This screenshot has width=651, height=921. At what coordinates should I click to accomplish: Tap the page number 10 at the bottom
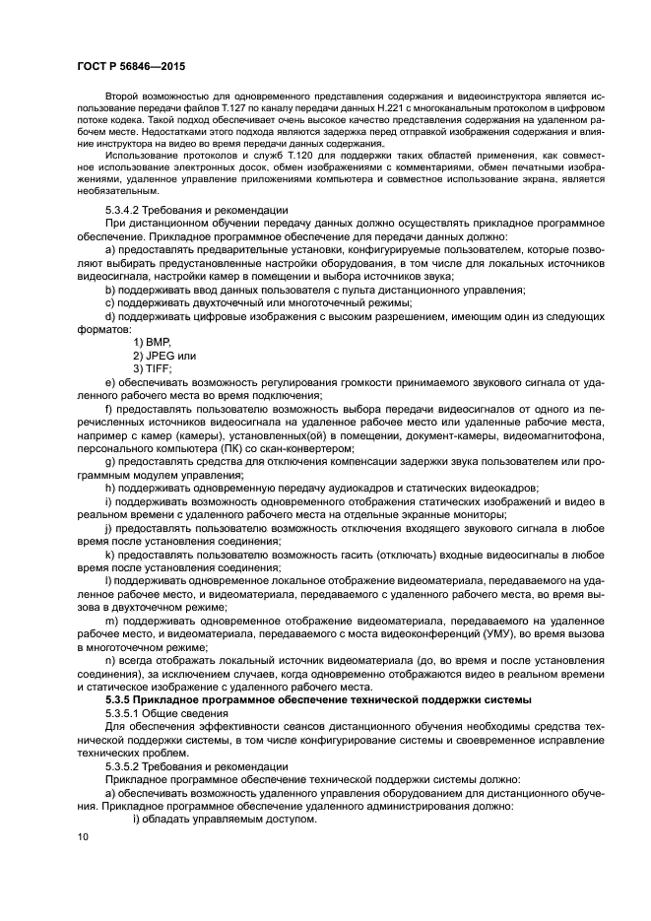[84, 837]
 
